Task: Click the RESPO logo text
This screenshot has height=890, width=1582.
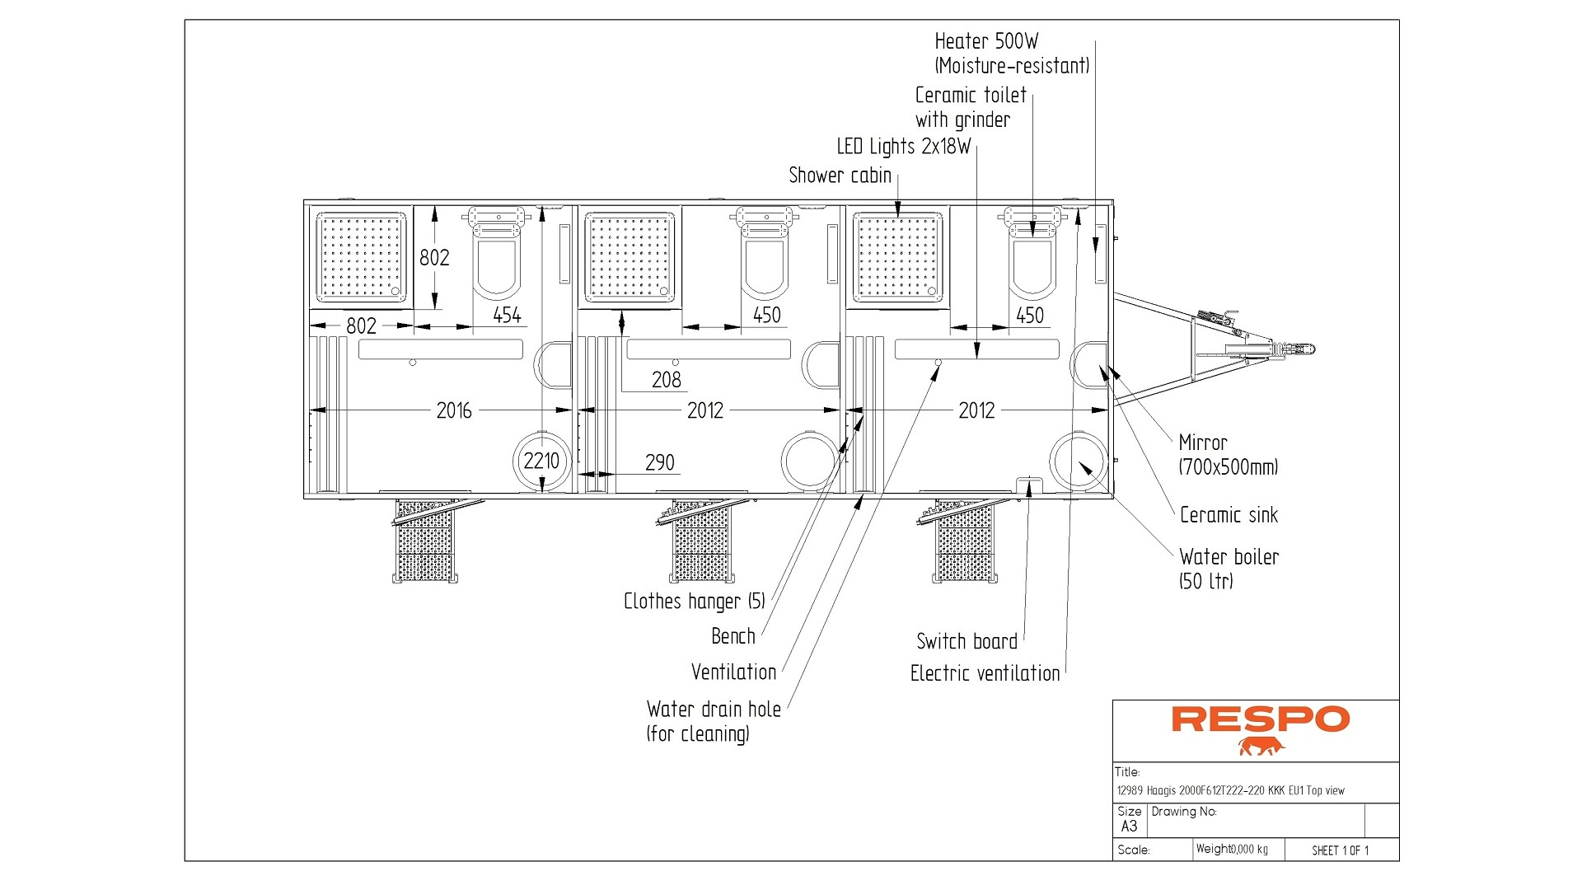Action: click(1260, 719)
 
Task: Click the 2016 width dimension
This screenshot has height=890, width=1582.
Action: click(453, 410)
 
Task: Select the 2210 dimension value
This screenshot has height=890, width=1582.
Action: click(541, 461)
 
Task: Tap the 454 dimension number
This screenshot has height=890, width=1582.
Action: click(507, 315)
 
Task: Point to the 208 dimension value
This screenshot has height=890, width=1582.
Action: click(666, 380)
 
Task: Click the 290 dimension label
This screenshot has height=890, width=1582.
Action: click(659, 462)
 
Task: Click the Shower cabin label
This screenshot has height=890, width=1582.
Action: click(840, 176)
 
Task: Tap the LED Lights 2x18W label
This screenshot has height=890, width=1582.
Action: click(903, 147)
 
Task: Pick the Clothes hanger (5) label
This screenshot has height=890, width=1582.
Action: click(694, 602)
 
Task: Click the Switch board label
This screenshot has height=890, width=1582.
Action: click(967, 641)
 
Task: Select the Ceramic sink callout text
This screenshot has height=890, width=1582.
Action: click(1228, 515)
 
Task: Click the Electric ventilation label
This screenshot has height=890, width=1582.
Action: click(985, 673)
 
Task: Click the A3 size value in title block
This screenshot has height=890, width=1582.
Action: click(1129, 827)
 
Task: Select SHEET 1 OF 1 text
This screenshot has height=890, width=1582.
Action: click(1340, 850)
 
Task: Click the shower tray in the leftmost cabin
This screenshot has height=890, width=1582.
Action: click(362, 256)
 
